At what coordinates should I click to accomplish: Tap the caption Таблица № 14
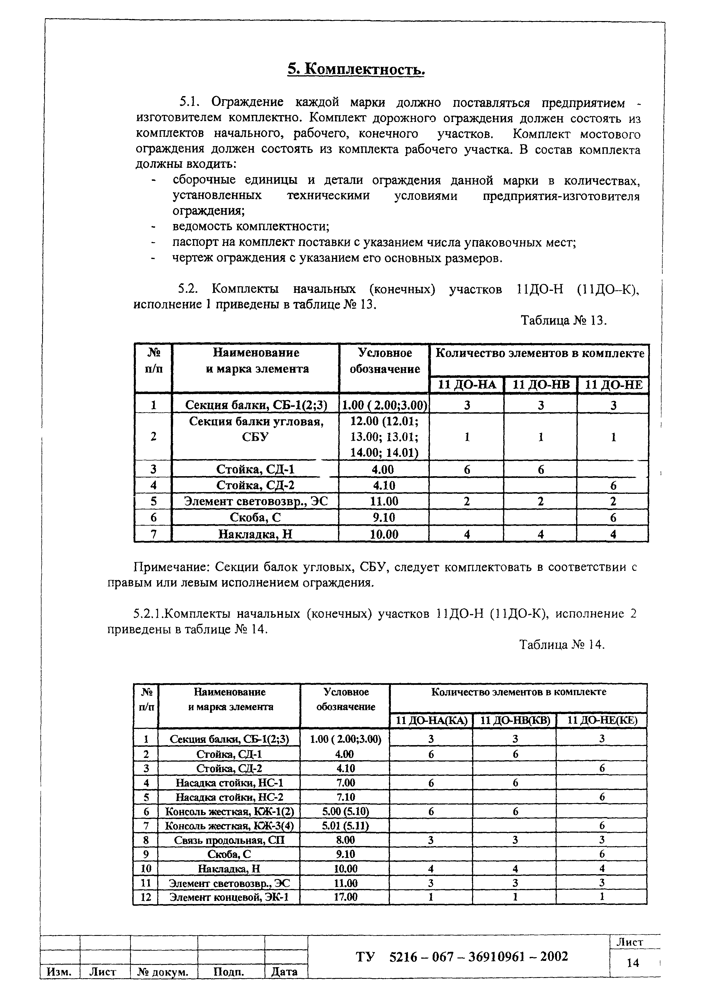(562, 645)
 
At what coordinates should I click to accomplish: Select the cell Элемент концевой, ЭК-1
(229, 897)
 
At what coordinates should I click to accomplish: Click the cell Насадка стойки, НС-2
(229, 797)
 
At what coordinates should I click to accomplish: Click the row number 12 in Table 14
(146, 897)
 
